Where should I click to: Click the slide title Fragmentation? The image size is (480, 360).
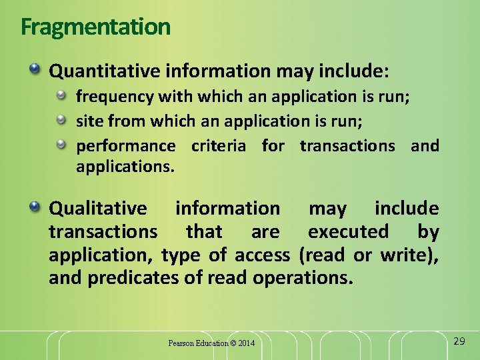pos(95,27)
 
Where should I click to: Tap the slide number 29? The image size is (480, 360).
pos(459,341)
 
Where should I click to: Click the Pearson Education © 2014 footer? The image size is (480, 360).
pos(211,343)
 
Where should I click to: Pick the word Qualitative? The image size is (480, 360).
pos(98,209)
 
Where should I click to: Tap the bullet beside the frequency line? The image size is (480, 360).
pos(61,95)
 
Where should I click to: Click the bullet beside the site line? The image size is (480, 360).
pos(61,120)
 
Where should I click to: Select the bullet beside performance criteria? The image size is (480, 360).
pos(61,144)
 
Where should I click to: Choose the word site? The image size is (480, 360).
pos(89,121)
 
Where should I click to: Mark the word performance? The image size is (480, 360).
pos(125,146)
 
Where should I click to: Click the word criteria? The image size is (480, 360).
pos(218,146)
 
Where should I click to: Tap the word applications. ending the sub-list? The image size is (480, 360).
pos(125,167)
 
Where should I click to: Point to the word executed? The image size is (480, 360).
pos(347,232)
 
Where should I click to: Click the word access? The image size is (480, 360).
pos(261,255)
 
